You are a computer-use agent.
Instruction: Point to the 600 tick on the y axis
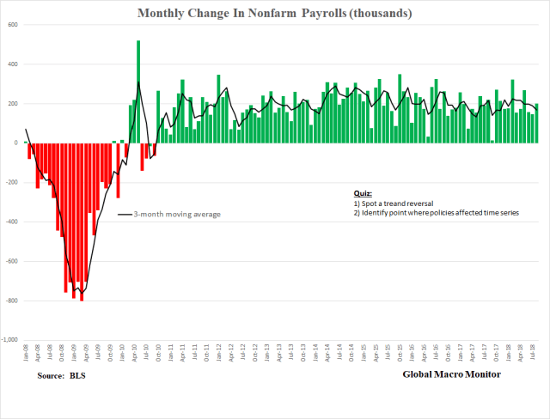tap(13, 25)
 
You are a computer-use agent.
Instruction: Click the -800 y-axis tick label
tap(11, 301)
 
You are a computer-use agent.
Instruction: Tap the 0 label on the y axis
tap(17, 143)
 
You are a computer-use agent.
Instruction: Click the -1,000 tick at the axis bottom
tap(10, 340)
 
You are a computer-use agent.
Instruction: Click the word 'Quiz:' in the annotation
tap(364, 194)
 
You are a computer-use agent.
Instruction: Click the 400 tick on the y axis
tap(13, 64)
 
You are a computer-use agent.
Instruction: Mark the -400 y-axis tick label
tap(11, 222)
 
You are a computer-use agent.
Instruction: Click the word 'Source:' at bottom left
tap(53, 376)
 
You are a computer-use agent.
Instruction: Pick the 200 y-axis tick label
tap(13, 104)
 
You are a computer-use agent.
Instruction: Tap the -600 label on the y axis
tap(11, 261)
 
